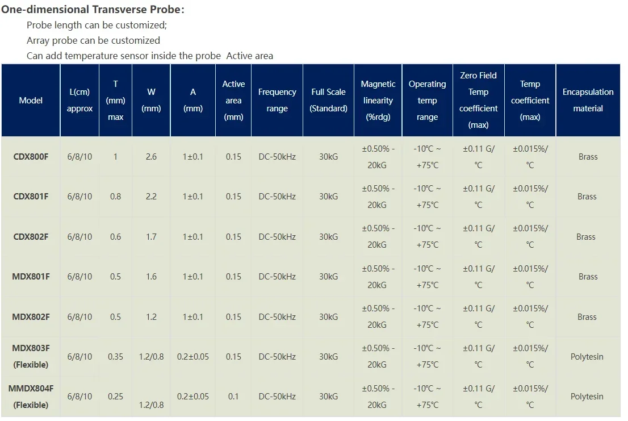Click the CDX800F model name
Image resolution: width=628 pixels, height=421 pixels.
pos(31,156)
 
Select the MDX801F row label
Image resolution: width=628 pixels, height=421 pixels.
pos(31,277)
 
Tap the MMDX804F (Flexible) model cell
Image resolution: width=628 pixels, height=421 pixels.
pos(31,397)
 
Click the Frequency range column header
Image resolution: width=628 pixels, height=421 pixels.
pos(277,100)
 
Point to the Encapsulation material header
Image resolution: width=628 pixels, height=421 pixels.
pos(588,100)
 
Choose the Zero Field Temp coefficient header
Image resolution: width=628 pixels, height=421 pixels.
pos(478,100)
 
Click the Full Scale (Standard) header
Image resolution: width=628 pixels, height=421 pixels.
pos(328,100)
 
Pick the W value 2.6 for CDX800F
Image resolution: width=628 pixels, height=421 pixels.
pos(151,156)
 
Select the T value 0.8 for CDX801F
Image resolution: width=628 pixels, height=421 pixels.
pos(115,197)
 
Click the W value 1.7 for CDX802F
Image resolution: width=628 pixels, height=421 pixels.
pos(151,236)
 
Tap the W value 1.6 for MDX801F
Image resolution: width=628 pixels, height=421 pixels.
pos(151,277)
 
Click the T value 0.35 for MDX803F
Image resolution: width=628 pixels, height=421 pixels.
pos(115,357)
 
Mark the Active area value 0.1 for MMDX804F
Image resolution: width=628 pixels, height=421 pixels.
pos(233,397)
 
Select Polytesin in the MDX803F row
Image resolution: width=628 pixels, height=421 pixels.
pos(587,357)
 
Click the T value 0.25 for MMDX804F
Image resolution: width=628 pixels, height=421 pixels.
pos(115,397)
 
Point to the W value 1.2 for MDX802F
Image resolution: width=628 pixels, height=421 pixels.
pos(151,317)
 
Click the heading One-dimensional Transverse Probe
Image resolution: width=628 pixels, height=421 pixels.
pos(93,10)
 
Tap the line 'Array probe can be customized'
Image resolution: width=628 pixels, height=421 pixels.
pos(93,40)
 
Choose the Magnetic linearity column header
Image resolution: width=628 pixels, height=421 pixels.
pos(378,100)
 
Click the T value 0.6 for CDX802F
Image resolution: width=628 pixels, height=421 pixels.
pos(115,236)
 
